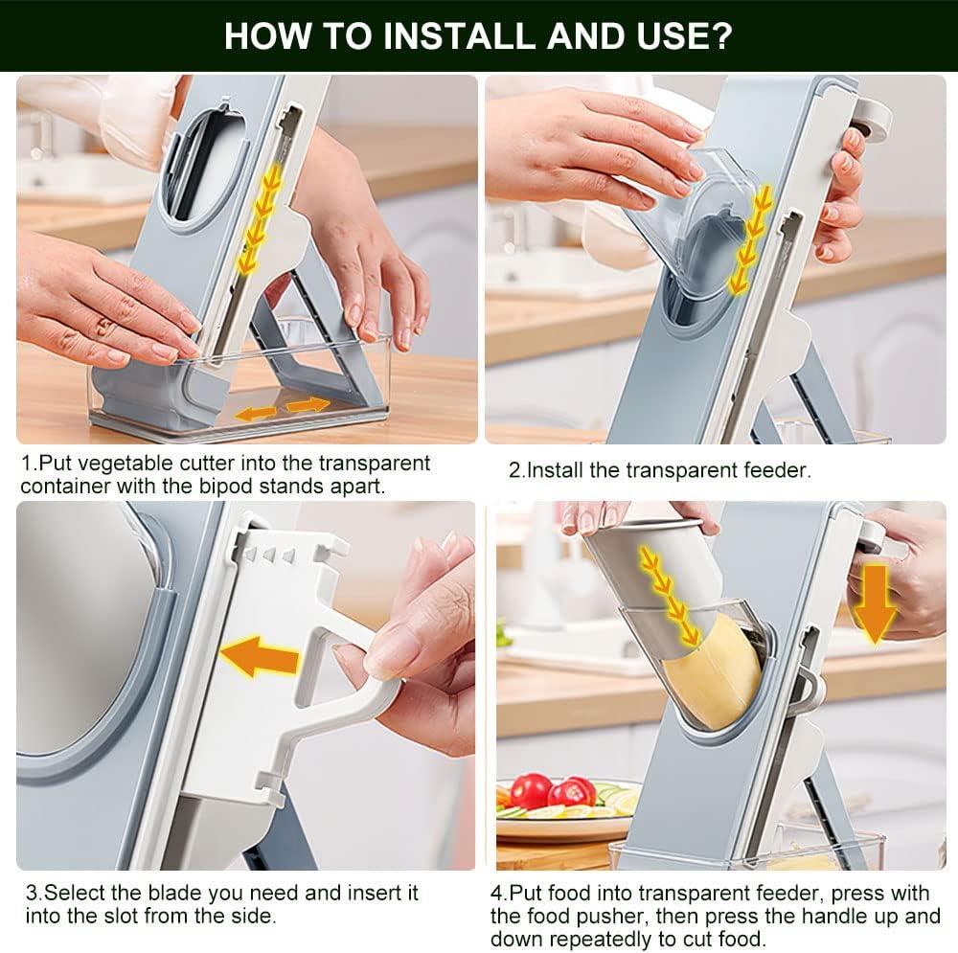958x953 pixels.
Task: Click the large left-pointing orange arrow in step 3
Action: (x=259, y=657)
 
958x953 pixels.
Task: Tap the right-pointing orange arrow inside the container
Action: (x=308, y=405)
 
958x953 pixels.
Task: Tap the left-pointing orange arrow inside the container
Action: (x=256, y=414)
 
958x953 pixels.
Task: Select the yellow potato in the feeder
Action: (x=713, y=674)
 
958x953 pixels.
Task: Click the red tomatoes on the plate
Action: (x=553, y=790)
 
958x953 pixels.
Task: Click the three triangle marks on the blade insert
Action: (x=269, y=556)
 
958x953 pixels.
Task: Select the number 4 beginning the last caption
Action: (x=496, y=894)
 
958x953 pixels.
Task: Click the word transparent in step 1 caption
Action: (x=375, y=464)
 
